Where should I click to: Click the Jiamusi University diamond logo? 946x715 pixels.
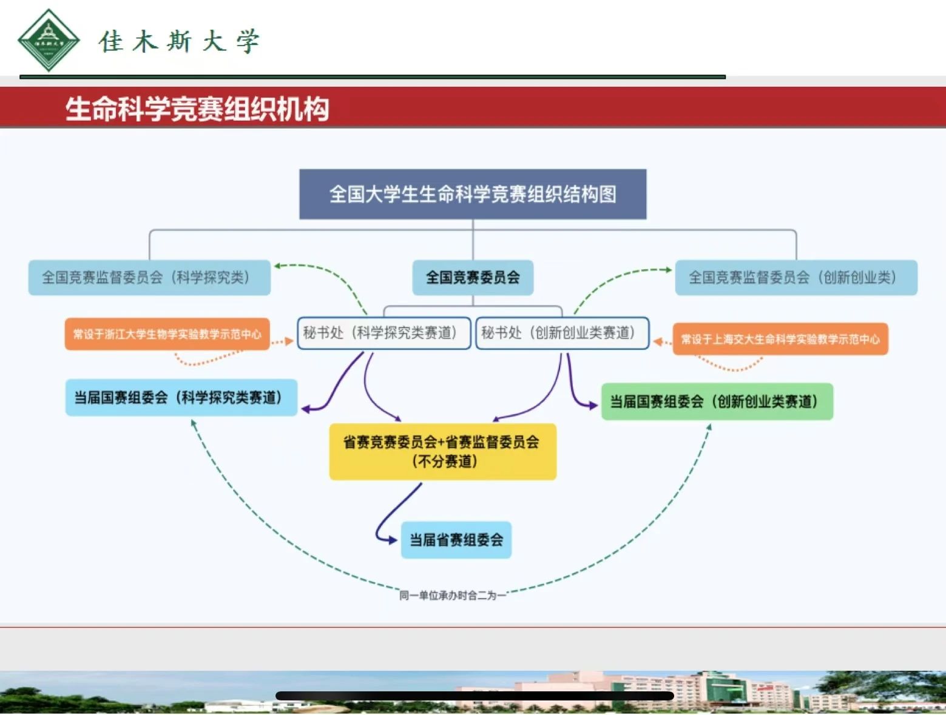point(49,40)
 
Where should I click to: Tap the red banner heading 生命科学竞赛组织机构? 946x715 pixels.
point(197,109)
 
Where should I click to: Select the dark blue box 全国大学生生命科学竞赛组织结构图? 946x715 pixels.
point(473,194)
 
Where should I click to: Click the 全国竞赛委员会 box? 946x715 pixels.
point(473,277)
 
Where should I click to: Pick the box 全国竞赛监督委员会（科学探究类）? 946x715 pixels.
point(149,277)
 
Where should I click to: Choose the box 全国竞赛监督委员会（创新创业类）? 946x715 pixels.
point(796,277)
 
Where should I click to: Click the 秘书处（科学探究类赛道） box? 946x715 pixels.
point(384,333)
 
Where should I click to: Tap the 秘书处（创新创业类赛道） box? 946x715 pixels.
point(562,333)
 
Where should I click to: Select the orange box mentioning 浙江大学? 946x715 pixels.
point(167,334)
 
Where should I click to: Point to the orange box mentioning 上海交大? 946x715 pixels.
point(780,339)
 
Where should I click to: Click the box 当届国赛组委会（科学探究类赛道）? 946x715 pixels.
point(181,398)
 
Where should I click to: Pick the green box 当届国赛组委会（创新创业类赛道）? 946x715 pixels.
point(717,401)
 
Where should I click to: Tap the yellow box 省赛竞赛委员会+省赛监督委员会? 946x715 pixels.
point(442,452)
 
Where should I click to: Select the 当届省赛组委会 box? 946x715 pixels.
point(456,540)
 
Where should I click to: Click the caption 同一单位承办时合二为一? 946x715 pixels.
point(453,596)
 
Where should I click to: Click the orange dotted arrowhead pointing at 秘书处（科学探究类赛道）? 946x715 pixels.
point(289,341)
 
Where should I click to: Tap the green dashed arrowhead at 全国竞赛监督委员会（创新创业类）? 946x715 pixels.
point(669,270)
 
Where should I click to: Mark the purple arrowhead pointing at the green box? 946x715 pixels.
point(593,404)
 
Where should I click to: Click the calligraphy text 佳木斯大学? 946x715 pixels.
point(179,41)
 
